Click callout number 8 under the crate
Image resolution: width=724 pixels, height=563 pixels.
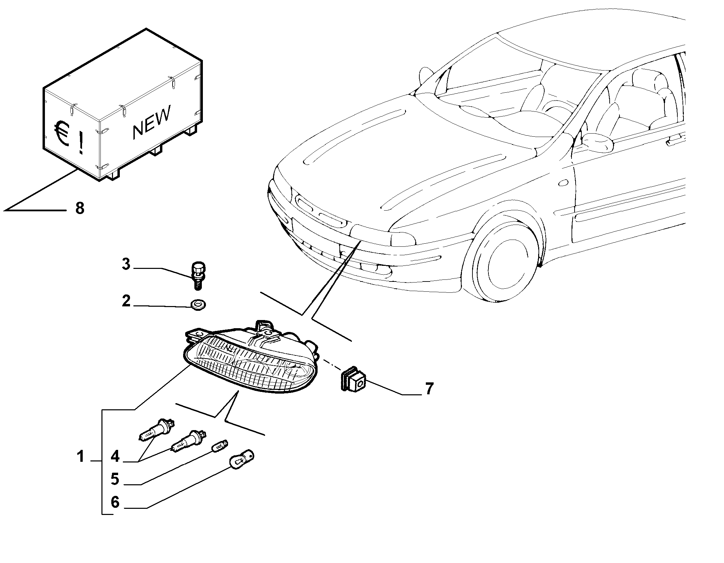80,208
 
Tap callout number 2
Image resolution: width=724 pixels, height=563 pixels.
126,301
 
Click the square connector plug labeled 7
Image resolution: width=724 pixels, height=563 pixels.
353,379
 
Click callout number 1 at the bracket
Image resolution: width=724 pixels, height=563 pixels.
80,457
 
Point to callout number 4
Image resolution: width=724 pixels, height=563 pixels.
115,457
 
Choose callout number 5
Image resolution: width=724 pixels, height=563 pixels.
115,479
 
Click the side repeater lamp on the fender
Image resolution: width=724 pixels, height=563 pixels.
563,183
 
